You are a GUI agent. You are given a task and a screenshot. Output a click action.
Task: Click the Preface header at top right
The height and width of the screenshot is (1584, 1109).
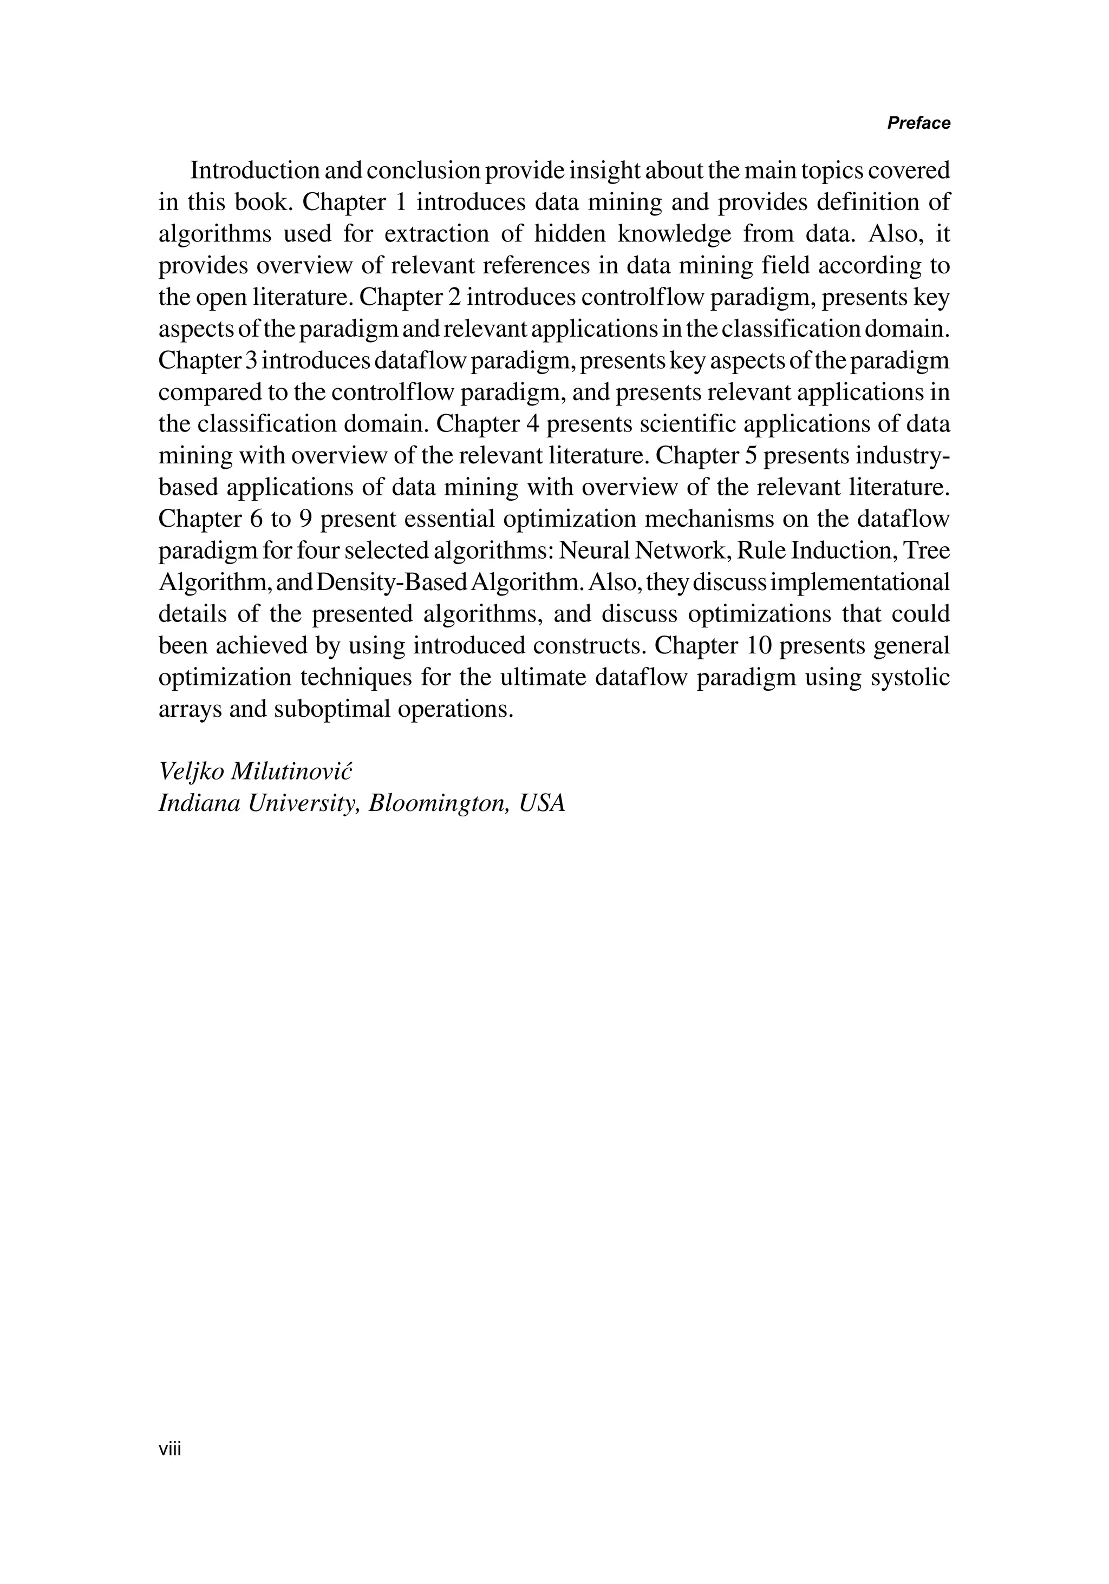pos(918,123)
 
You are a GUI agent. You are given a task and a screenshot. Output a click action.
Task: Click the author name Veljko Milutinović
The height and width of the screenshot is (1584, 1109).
pos(256,771)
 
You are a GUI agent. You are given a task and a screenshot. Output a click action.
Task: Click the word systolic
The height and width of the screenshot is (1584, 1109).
pos(910,677)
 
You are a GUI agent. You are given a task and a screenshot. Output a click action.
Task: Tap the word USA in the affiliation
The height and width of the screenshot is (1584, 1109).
pos(543,803)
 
